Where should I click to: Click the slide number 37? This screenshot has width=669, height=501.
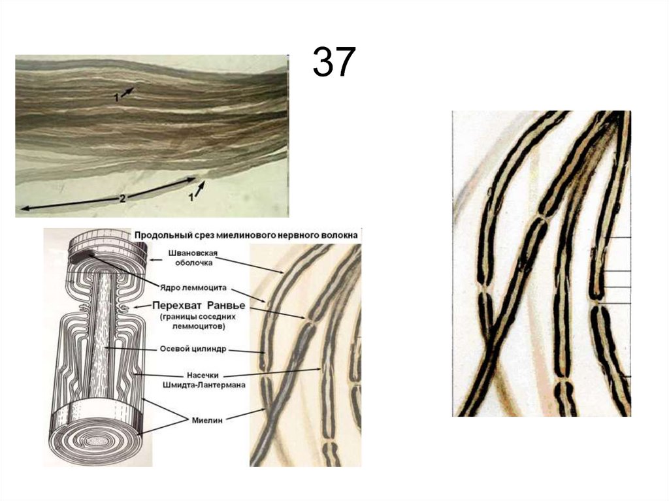coord(334,62)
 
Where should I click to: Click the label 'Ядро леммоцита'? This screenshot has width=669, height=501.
coord(193,287)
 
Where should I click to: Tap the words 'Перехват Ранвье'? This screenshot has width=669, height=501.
coord(199,306)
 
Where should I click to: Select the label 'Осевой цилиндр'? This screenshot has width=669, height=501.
coord(193,349)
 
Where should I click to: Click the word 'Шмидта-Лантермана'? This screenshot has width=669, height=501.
coord(204,385)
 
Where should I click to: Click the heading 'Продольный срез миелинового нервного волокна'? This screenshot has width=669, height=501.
coord(246,235)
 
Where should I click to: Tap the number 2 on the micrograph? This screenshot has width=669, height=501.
coord(122,199)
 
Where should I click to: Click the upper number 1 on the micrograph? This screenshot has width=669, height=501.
coord(116,98)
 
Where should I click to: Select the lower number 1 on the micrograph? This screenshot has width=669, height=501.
coord(191,198)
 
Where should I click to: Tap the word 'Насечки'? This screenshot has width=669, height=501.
coord(203,376)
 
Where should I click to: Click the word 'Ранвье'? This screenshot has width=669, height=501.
coord(225,306)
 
